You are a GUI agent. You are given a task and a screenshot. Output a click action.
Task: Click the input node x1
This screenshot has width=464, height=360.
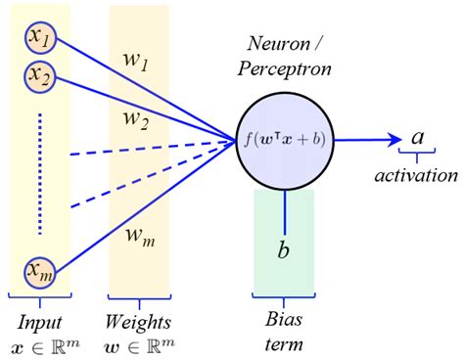click(x=41, y=39)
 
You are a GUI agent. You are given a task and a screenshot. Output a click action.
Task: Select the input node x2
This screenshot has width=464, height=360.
click(x=41, y=75)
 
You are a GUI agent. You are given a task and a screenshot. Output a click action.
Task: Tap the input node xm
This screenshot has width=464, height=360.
click(x=41, y=271)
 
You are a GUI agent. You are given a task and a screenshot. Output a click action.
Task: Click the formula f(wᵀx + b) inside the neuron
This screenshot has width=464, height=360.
click(x=285, y=138)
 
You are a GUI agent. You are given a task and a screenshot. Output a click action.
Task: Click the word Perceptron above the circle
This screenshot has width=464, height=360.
click(x=285, y=69)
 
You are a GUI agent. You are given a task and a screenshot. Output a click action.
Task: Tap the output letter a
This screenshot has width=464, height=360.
click(x=417, y=138)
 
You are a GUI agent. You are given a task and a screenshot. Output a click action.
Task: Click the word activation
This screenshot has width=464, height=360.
click(x=417, y=176)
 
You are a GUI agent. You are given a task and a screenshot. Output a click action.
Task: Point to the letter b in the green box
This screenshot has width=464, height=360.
click(x=283, y=250)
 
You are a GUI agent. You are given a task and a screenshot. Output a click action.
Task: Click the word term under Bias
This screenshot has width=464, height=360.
click(x=284, y=344)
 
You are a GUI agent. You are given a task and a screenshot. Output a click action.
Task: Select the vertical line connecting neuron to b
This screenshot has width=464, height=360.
click(x=284, y=205)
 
